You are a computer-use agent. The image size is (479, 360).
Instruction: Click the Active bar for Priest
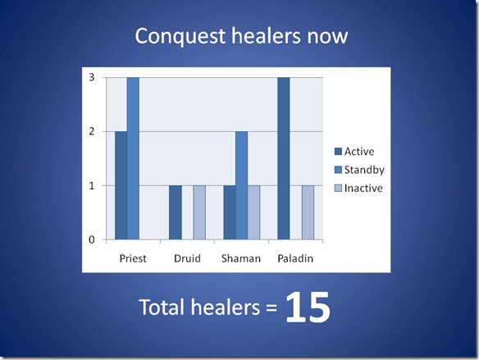pyautogui.click(x=121, y=185)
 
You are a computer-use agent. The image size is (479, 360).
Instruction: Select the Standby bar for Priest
pyautogui.click(x=133, y=158)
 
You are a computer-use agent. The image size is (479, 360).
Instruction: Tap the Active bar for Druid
pyautogui.click(x=176, y=212)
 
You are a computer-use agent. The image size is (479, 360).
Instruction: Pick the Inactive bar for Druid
pyautogui.click(x=199, y=212)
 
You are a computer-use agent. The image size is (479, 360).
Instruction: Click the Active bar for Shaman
pyautogui.click(x=230, y=212)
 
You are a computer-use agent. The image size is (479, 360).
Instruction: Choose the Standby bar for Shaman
pyautogui.click(x=242, y=185)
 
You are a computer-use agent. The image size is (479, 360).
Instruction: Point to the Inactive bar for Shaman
pyautogui.click(x=254, y=212)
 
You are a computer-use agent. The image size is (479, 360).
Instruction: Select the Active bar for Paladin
pyautogui.click(x=284, y=158)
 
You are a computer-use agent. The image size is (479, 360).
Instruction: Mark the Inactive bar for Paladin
pyautogui.click(x=308, y=212)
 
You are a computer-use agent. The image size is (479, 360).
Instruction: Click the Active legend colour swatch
pyautogui.click(x=338, y=152)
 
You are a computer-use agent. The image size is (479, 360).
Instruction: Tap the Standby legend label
pyautogui.click(x=364, y=170)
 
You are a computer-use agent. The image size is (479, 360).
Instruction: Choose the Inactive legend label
pyautogui.click(x=363, y=188)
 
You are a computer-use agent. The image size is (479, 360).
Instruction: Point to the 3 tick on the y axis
pyautogui.click(x=92, y=78)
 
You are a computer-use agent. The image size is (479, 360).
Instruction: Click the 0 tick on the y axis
pyautogui.click(x=92, y=239)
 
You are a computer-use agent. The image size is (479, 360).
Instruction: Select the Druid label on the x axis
pyautogui.click(x=187, y=258)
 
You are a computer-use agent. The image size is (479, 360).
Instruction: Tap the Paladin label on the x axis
pyautogui.click(x=295, y=258)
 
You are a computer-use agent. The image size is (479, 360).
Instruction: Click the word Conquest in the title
pyautogui.click(x=180, y=37)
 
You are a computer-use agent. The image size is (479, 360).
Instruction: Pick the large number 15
pyautogui.click(x=308, y=307)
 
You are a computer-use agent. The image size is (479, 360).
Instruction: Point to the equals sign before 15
pyautogui.click(x=271, y=308)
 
